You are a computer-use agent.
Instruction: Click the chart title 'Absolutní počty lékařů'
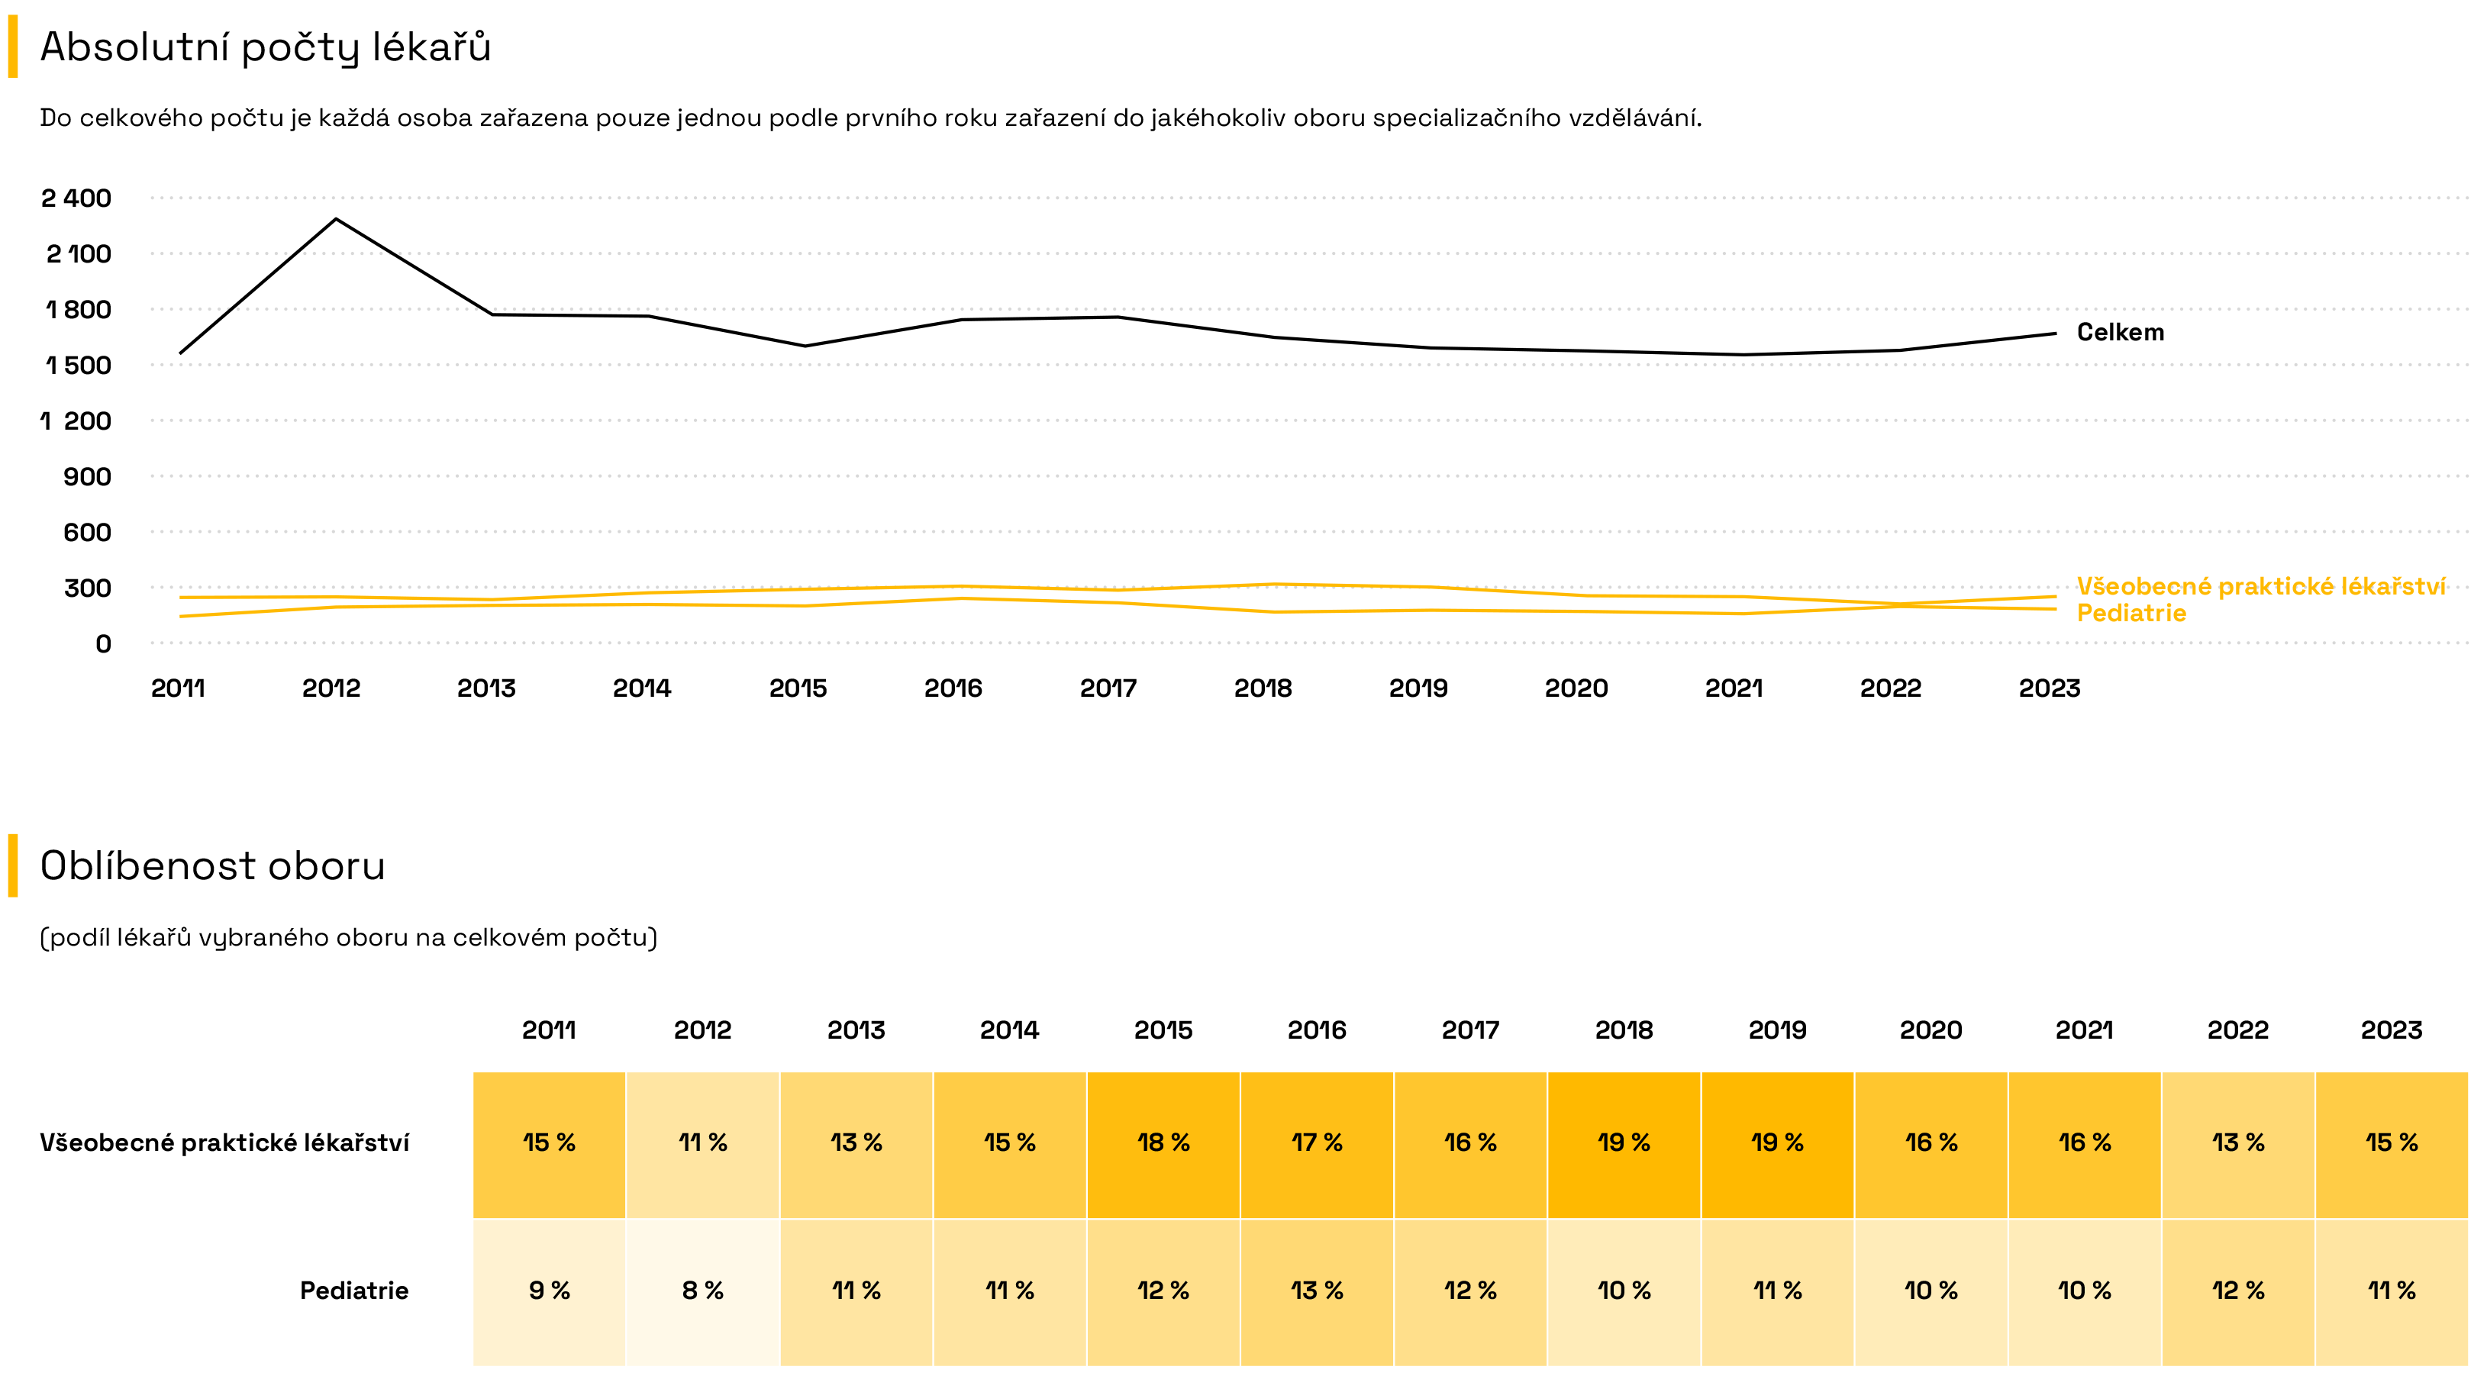tap(266, 47)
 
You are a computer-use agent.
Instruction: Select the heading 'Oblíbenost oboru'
tap(212, 865)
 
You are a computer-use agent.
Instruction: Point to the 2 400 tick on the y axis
tap(76, 198)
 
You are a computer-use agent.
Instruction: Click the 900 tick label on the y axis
tap(87, 477)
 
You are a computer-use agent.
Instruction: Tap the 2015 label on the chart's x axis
tap(798, 688)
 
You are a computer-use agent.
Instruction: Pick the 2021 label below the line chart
tap(1733, 688)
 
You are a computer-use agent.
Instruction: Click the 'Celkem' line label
tap(2120, 333)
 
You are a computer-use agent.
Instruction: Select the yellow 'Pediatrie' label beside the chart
tap(2131, 614)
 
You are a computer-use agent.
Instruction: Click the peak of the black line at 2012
tap(336, 219)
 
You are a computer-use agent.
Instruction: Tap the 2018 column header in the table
tap(1624, 1030)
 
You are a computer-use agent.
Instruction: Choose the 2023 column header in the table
tap(2392, 1030)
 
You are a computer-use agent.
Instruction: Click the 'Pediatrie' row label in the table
tap(353, 1291)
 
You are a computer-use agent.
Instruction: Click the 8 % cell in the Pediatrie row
tap(703, 1291)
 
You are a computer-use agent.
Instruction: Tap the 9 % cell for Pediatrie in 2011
tap(550, 1291)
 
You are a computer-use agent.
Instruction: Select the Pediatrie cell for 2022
tap(2238, 1291)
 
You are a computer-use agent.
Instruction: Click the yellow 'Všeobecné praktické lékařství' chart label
tap(2261, 587)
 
